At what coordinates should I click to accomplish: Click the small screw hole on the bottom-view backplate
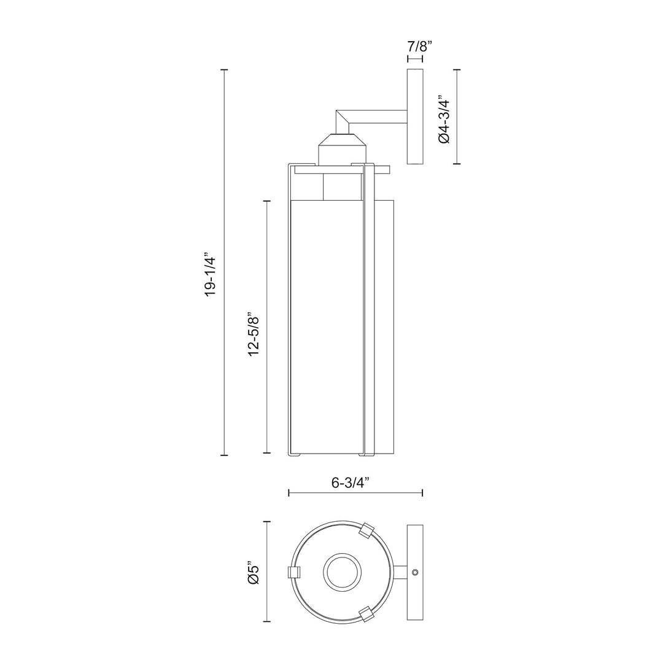click(x=416, y=572)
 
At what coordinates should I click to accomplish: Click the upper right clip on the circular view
click(x=368, y=529)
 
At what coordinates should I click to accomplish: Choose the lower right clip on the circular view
click(x=366, y=615)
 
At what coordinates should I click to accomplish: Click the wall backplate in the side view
click(x=416, y=117)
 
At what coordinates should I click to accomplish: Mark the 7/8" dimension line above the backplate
click(x=416, y=59)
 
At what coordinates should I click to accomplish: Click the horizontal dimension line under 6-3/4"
click(x=355, y=492)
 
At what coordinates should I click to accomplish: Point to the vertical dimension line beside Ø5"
click(x=266, y=572)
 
